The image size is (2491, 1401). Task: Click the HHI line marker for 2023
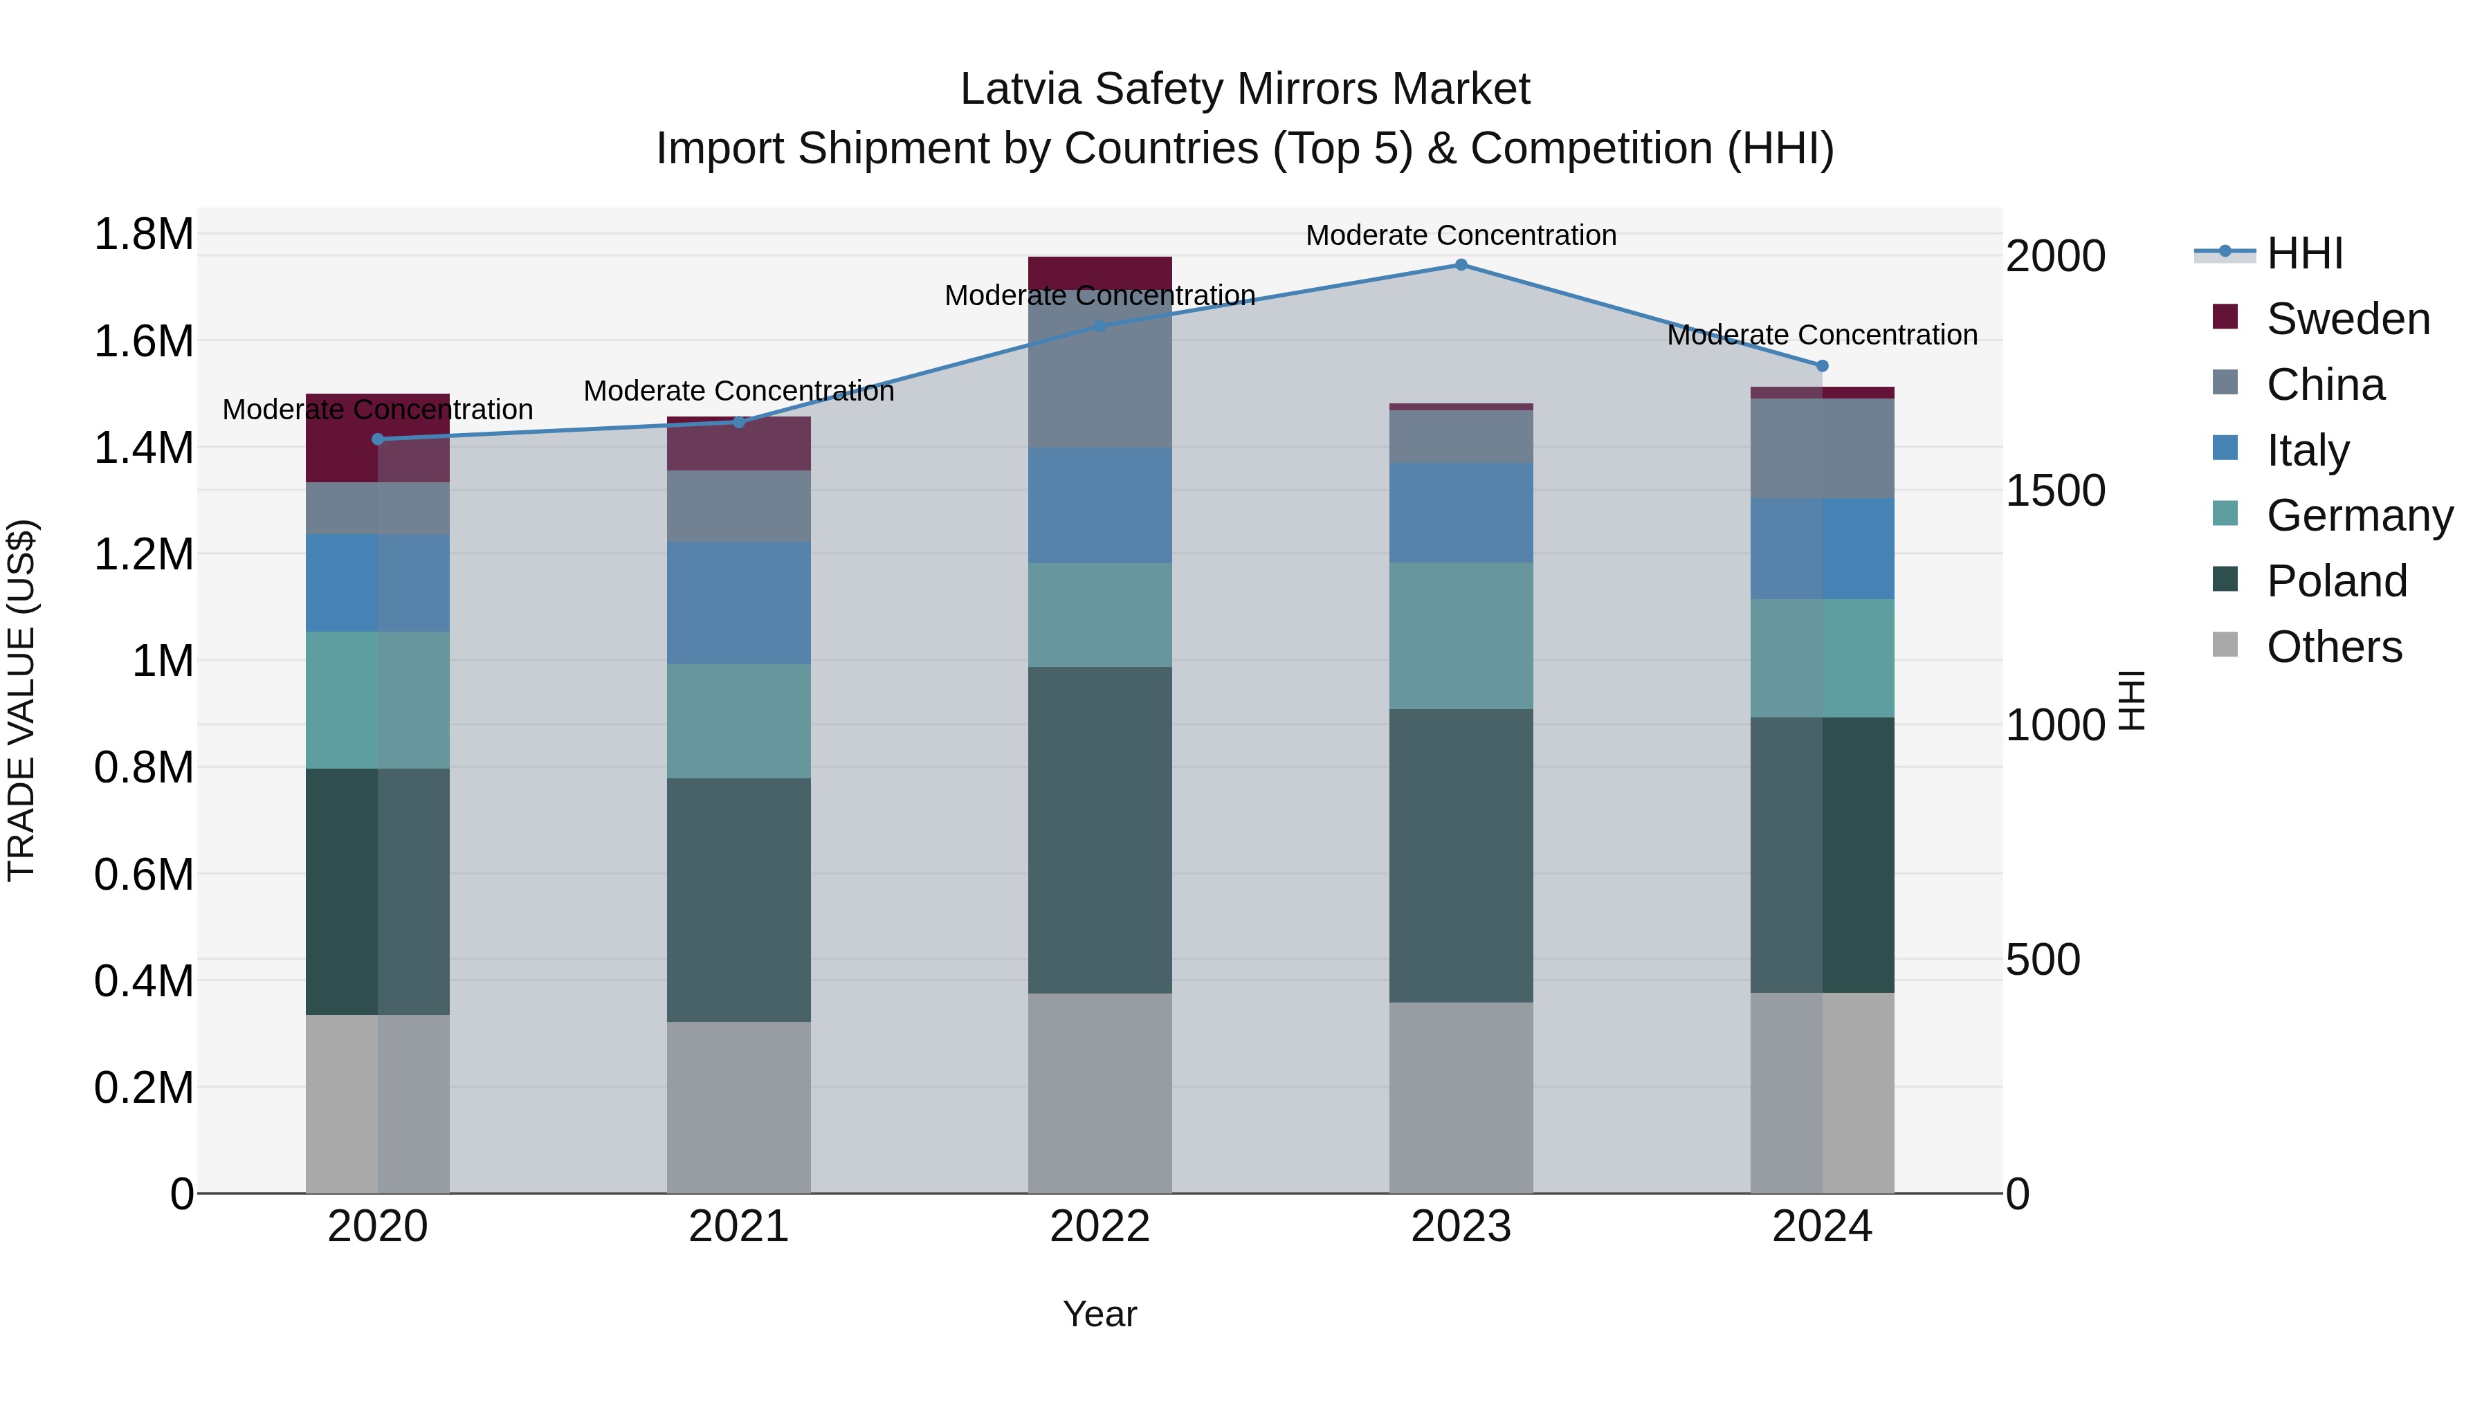pos(1461,265)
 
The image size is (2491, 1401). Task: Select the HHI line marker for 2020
pos(378,439)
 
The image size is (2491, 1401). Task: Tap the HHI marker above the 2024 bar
pos(1822,365)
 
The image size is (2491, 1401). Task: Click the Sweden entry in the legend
pos(2347,319)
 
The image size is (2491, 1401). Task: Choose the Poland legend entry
pos(2336,581)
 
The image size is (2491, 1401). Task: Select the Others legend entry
pos(2333,647)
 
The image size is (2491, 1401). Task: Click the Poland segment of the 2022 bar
pos(1099,830)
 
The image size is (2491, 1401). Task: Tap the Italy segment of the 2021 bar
pos(739,603)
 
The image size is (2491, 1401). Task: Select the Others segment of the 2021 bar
pos(739,1107)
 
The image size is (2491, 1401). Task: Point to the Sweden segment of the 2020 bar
pos(378,437)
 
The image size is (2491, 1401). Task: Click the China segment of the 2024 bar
pos(1822,448)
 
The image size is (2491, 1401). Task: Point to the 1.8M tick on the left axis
pos(143,235)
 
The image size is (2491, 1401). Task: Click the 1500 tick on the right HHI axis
pos(2055,491)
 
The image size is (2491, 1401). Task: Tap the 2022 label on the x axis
pos(1099,1227)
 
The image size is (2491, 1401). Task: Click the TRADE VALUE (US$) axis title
pos(21,700)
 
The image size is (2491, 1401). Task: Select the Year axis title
pos(1099,1314)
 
